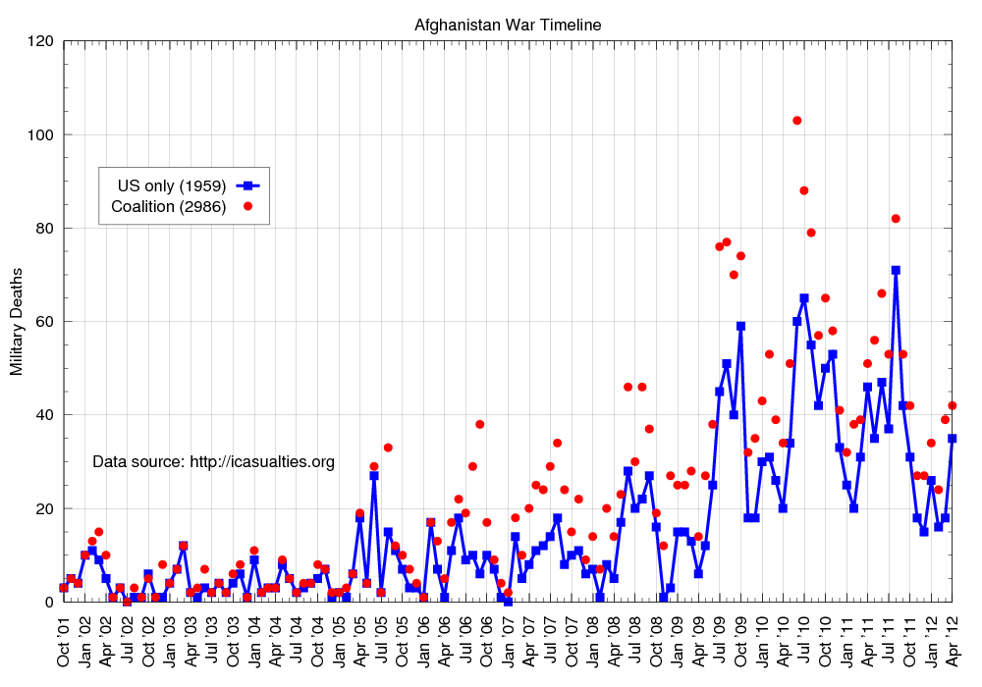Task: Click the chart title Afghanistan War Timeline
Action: click(508, 25)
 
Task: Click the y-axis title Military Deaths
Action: click(17, 322)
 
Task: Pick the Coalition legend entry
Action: click(168, 206)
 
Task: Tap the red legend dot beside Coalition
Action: click(248, 206)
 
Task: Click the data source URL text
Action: click(213, 461)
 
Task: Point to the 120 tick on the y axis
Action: click(40, 41)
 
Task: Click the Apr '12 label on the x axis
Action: click(953, 642)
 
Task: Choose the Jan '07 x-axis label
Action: click(509, 642)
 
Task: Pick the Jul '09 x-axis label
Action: click(720, 642)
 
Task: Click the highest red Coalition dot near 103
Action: click(797, 121)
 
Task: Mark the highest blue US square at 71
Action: click(896, 270)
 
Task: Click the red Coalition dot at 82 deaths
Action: click(896, 219)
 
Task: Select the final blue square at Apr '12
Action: click(953, 439)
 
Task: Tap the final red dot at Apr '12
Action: click(953, 405)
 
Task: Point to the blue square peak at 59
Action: click(740, 326)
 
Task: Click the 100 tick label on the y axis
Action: click(40, 134)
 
